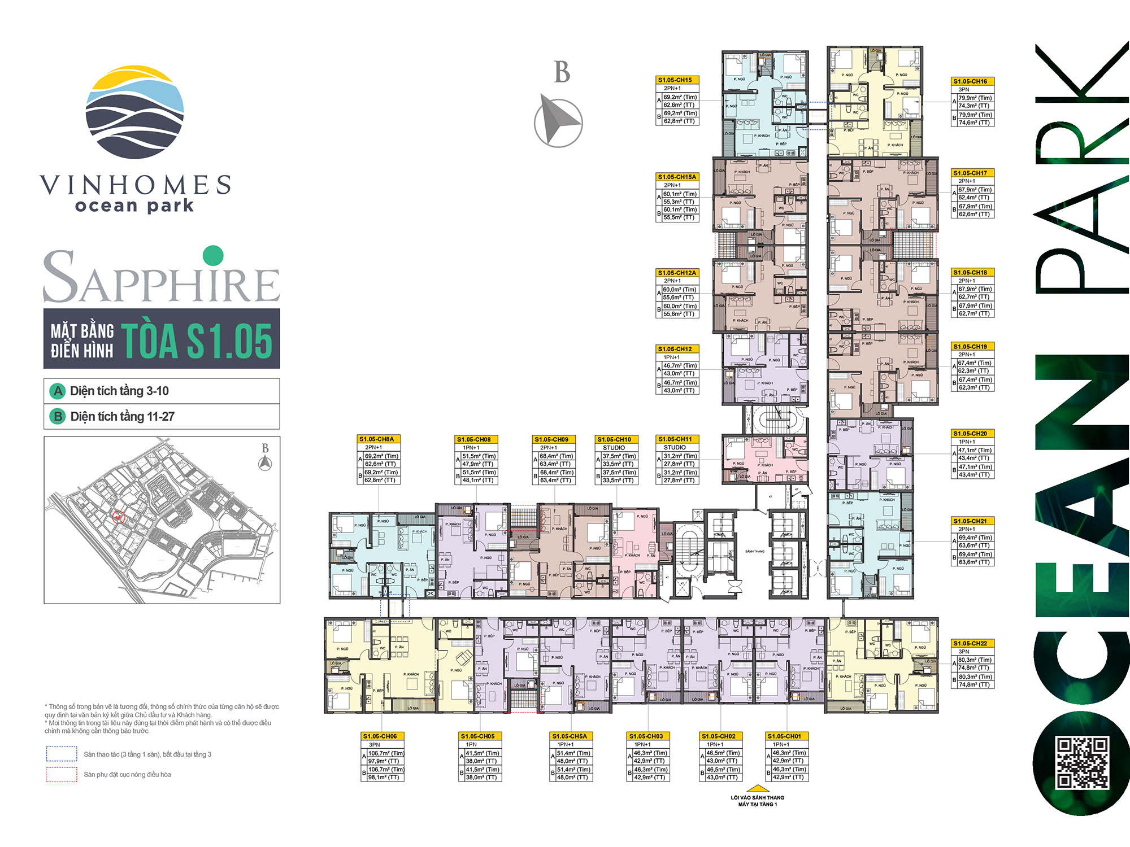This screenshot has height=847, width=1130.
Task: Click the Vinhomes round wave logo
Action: pyautogui.click(x=134, y=112)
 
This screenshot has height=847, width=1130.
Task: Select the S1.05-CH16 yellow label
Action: pyautogui.click(x=972, y=81)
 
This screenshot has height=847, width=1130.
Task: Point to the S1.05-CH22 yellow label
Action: pyautogui.click(x=972, y=643)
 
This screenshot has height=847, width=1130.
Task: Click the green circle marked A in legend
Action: pyautogui.click(x=58, y=391)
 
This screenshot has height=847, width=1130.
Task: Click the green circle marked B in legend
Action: pyautogui.click(x=58, y=417)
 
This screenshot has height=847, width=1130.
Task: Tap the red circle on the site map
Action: pyautogui.click(x=118, y=517)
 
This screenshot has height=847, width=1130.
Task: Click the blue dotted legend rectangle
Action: pyautogui.click(x=62, y=754)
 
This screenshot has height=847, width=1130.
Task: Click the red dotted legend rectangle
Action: pyautogui.click(x=62, y=775)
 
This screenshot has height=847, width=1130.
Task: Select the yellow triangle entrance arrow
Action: pyautogui.click(x=758, y=788)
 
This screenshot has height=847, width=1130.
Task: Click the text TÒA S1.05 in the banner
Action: pyautogui.click(x=197, y=340)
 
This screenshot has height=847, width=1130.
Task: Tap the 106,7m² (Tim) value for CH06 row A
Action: pyautogui.click(x=386, y=753)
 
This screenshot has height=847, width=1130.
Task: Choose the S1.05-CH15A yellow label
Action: pyautogui.click(x=677, y=177)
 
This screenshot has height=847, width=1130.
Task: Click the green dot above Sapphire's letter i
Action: pyautogui.click(x=213, y=256)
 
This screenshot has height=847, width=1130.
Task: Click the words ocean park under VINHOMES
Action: pyautogui.click(x=134, y=206)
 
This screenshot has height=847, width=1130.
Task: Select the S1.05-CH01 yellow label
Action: pyautogui.click(x=786, y=736)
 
